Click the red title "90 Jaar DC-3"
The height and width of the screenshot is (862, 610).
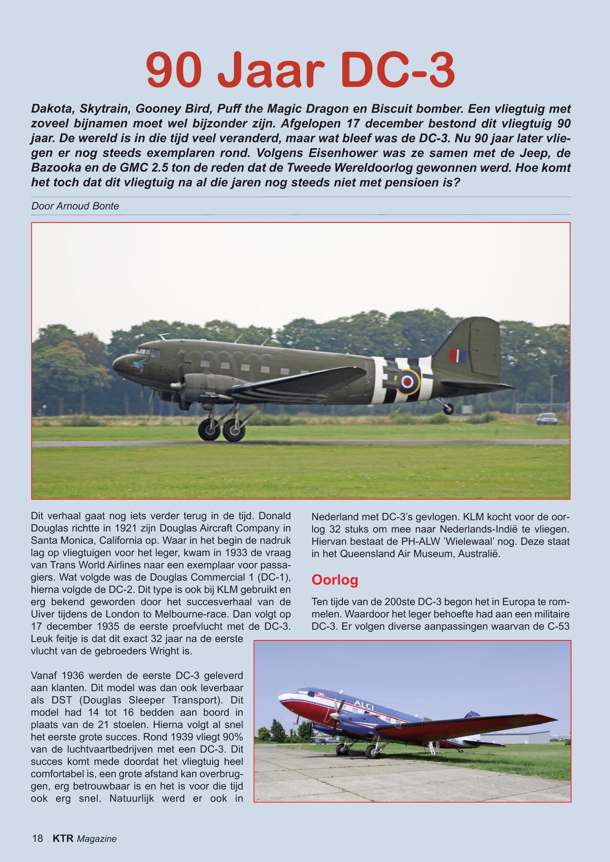click(300, 70)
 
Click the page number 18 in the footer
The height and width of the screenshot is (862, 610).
click(38, 838)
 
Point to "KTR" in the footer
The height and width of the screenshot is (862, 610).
click(63, 838)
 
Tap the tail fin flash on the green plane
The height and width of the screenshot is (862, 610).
click(457, 355)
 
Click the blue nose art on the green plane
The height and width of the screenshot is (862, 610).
click(138, 364)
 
